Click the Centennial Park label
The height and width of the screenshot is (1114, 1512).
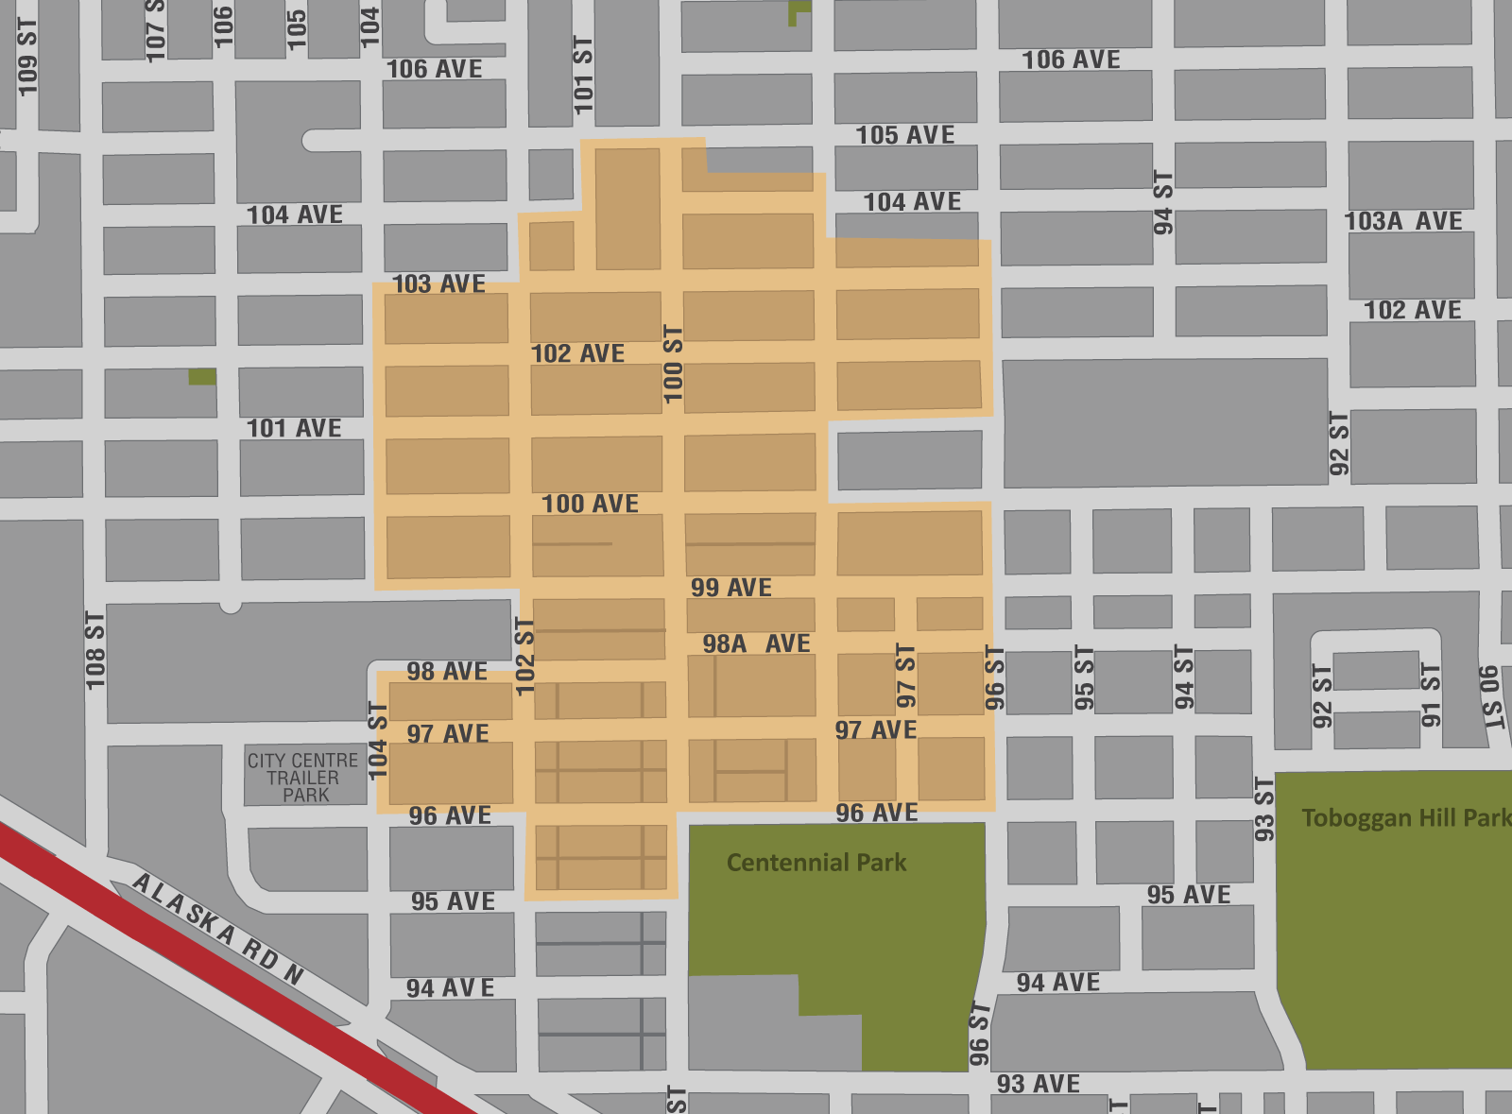[816, 863]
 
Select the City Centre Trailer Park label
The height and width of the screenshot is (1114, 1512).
[303, 778]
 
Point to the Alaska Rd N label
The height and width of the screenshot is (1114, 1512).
[218, 929]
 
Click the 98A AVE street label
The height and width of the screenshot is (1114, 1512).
[756, 644]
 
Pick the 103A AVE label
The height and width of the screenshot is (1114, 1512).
[1403, 221]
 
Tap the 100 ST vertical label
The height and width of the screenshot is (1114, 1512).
[673, 365]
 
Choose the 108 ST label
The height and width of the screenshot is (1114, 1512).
[95, 650]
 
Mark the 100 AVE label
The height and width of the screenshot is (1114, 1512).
[591, 505]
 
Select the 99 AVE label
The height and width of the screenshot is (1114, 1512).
[731, 588]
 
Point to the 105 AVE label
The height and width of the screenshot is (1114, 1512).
[905, 135]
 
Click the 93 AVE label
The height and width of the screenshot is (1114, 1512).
[1039, 1084]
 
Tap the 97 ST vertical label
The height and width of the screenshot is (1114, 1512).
[905, 677]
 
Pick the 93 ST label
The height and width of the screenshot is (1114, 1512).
[1264, 809]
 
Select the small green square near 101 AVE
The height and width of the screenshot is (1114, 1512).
[202, 377]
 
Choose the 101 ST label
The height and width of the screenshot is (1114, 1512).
[583, 76]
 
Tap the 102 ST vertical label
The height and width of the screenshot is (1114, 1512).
[525, 656]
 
